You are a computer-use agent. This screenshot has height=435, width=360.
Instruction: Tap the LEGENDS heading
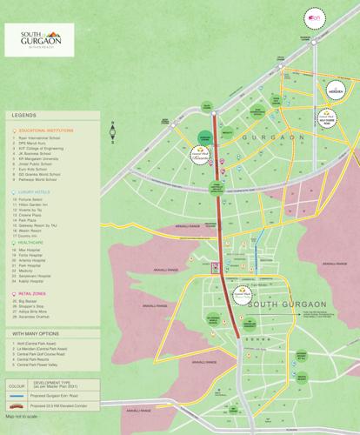coord(24,114)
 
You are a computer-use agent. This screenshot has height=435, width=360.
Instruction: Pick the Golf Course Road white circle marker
coord(325,117)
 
